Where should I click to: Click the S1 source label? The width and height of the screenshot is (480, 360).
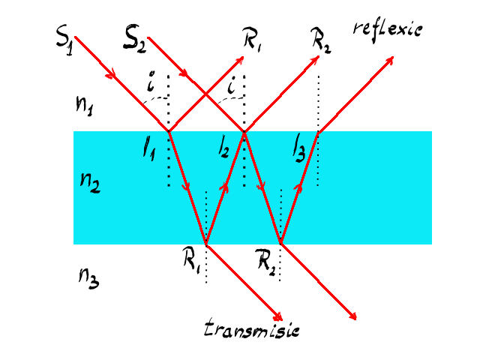click(x=65, y=40)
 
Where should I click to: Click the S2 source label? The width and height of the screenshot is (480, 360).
click(x=135, y=40)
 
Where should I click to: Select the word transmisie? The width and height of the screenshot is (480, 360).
click(x=252, y=328)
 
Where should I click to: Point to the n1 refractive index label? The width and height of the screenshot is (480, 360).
click(x=84, y=105)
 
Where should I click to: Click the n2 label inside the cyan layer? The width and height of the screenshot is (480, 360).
click(x=90, y=182)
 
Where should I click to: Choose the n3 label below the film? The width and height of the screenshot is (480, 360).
click(x=88, y=278)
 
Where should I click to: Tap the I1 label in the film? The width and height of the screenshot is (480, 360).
click(x=149, y=150)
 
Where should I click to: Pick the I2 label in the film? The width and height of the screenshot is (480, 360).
click(x=223, y=148)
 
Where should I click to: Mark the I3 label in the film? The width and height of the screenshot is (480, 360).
click(x=298, y=150)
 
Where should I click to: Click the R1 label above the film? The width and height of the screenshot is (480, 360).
click(x=252, y=39)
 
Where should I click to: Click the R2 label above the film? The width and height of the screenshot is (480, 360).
click(x=322, y=40)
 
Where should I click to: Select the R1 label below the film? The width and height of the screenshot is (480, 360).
click(x=191, y=259)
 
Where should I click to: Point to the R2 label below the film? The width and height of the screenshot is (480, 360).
click(x=265, y=260)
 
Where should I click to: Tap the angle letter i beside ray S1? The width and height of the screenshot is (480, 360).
click(x=151, y=82)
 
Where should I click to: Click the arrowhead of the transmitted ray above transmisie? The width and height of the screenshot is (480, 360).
click(x=278, y=316)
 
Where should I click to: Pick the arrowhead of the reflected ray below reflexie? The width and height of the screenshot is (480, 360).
click(x=389, y=60)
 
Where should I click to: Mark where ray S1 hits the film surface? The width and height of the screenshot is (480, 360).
click(x=169, y=132)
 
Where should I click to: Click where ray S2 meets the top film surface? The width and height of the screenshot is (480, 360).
click(x=244, y=132)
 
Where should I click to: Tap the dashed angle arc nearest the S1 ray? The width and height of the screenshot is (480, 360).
click(x=155, y=99)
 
